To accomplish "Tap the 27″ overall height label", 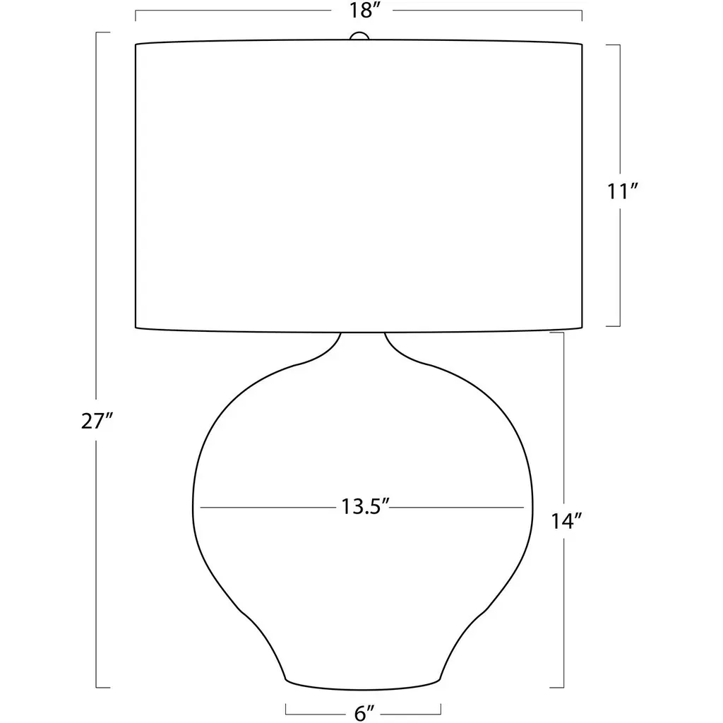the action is [97, 421].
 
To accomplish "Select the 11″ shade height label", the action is [622, 191].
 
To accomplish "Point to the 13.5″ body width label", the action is [366, 507].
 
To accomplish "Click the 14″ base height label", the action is [567, 522].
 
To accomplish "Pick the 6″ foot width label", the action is [364, 713].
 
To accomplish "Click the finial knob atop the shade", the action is [359, 36].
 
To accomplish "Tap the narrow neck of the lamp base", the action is [363, 344].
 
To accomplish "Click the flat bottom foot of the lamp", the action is [363, 684].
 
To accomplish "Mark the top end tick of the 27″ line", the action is [103, 32].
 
